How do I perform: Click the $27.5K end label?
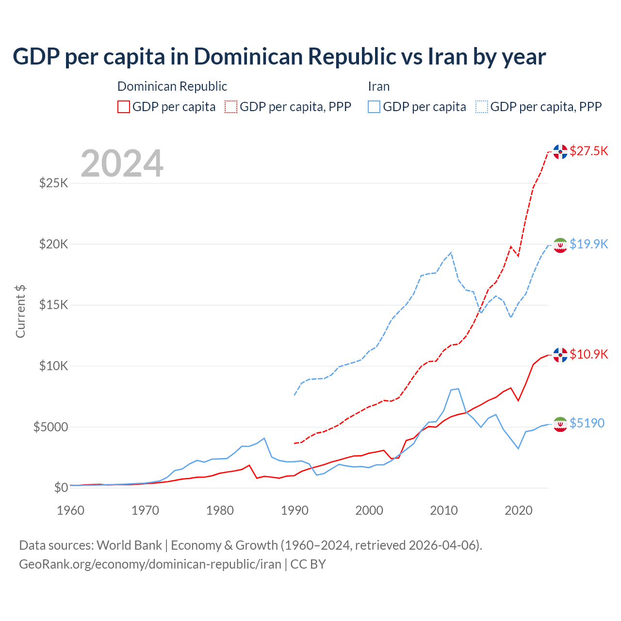click(x=588, y=151)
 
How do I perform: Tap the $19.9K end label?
click(x=588, y=244)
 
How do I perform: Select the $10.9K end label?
click(x=588, y=354)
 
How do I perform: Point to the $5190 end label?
click(x=587, y=423)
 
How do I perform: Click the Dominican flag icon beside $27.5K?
click(x=560, y=152)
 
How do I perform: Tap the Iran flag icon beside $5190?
click(x=560, y=424)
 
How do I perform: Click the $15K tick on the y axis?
click(x=53, y=305)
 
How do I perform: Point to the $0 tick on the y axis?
click(x=61, y=488)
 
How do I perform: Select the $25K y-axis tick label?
click(x=53, y=183)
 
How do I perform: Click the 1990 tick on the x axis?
click(x=294, y=510)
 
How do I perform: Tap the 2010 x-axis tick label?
click(x=444, y=510)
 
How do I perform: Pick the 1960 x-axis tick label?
click(x=71, y=510)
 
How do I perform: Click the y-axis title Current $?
click(x=20, y=311)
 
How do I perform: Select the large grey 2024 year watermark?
click(x=122, y=163)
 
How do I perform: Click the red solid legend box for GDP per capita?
click(x=124, y=107)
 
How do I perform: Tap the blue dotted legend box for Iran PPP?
click(x=482, y=107)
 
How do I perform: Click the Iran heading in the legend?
click(x=378, y=86)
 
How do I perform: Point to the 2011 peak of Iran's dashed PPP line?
click(x=451, y=252)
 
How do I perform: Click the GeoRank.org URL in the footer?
click(x=150, y=564)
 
